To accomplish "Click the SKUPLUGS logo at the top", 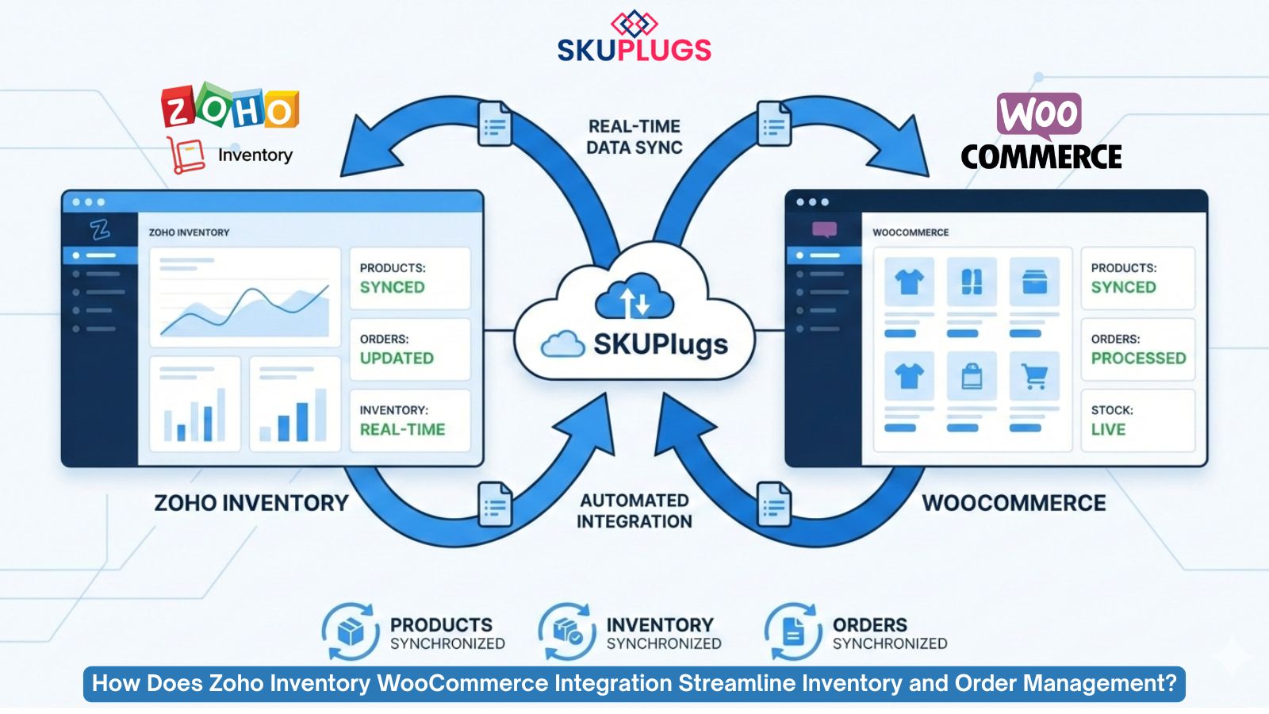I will [x=634, y=38].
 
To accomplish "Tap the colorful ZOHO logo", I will [x=230, y=107].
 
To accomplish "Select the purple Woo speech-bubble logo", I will [x=1039, y=115].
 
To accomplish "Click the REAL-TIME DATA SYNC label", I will [x=634, y=136].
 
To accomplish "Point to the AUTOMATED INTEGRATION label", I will [x=634, y=511].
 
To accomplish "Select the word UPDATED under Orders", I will [x=397, y=358].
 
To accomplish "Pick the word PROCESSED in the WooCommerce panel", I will [x=1138, y=358].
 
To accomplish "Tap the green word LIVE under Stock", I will [x=1108, y=429].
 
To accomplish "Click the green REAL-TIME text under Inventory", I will [x=402, y=429].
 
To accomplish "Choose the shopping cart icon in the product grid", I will [x=1034, y=376].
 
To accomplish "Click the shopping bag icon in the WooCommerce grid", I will [x=972, y=376].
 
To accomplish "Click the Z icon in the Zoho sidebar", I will [x=100, y=230].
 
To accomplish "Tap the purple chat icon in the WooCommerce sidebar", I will [x=824, y=230].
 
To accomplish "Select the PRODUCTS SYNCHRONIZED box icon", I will [x=350, y=632].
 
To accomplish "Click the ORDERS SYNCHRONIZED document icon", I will [x=792, y=632].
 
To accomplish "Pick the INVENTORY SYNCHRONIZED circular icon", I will [x=567, y=632].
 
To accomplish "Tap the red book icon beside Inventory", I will [x=186, y=155].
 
